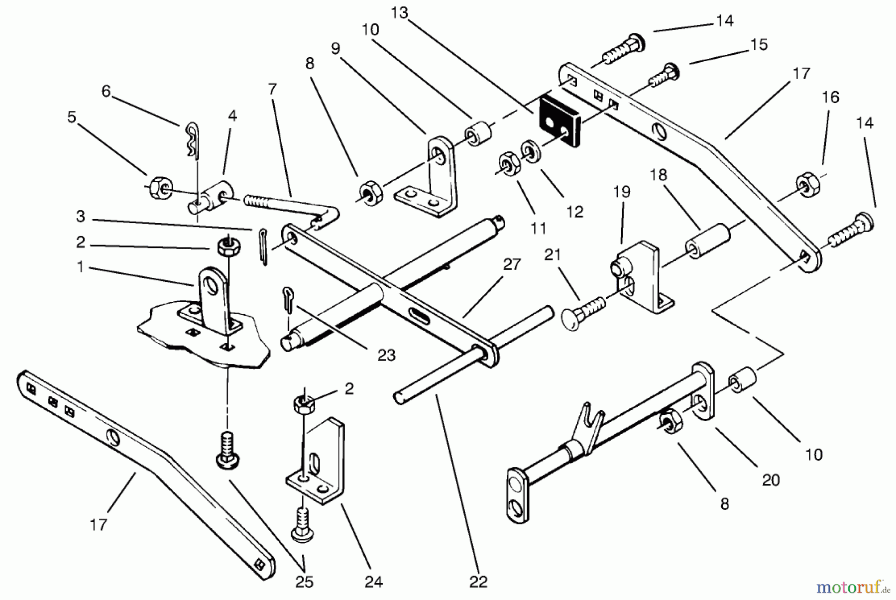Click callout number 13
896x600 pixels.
(x=399, y=13)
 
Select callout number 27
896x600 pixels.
(x=511, y=264)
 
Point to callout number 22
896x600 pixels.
(x=478, y=581)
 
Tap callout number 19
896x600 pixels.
(x=622, y=192)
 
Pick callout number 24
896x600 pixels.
(x=373, y=581)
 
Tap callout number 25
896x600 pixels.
(x=304, y=581)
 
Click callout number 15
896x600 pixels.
(x=759, y=44)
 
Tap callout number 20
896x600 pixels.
(x=771, y=480)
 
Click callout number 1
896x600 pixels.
(x=80, y=267)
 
